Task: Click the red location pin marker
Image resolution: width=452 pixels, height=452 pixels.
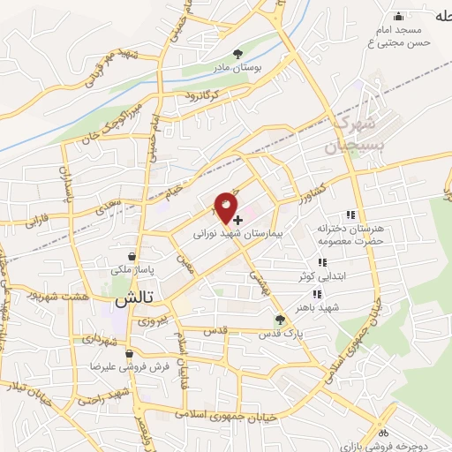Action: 227,207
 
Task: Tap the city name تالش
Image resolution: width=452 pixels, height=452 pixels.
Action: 135,299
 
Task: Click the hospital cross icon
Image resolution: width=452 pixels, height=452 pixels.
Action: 238,218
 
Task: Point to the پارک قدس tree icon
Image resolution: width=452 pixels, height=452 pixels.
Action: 282,320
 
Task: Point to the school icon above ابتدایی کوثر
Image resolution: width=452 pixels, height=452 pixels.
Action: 322,262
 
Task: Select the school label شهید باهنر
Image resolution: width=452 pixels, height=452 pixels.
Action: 343,305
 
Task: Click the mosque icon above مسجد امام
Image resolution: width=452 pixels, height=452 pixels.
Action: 399,15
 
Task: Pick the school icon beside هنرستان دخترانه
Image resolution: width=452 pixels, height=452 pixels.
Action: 350,215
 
